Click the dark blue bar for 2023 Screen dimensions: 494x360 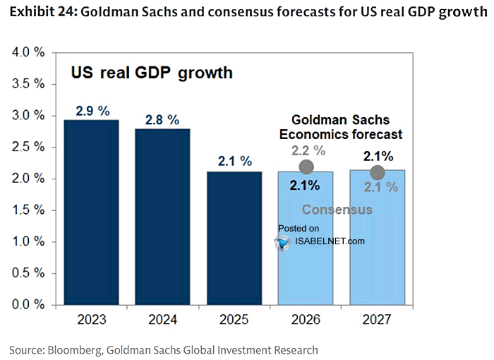[91, 212]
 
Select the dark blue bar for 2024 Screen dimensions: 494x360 [162, 217]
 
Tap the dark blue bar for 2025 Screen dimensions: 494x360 [234, 238]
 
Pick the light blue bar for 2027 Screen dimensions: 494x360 [378, 237]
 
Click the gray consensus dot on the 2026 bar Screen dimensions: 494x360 [306, 167]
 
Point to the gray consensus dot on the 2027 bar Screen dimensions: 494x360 [378, 172]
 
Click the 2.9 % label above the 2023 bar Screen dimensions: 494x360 [92, 111]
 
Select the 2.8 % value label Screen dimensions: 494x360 [162, 120]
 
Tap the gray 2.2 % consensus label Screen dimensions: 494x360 [308, 150]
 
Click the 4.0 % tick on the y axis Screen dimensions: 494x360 [28, 52]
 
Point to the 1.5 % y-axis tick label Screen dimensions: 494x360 [28, 210]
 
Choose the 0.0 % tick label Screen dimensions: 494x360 [28, 304]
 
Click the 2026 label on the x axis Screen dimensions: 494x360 [306, 320]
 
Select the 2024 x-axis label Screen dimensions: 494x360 [163, 320]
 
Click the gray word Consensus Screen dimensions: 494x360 [337, 210]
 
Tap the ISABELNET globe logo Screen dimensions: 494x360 [282, 243]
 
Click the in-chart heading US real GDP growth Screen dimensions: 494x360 [152, 73]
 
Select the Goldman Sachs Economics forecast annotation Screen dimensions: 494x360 [341, 127]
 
